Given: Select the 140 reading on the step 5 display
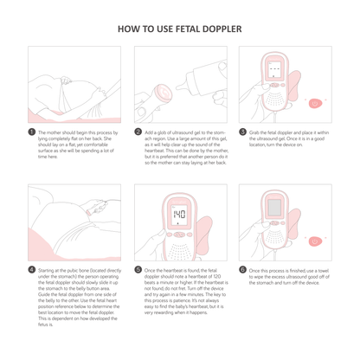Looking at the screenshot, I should point(180,215).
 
